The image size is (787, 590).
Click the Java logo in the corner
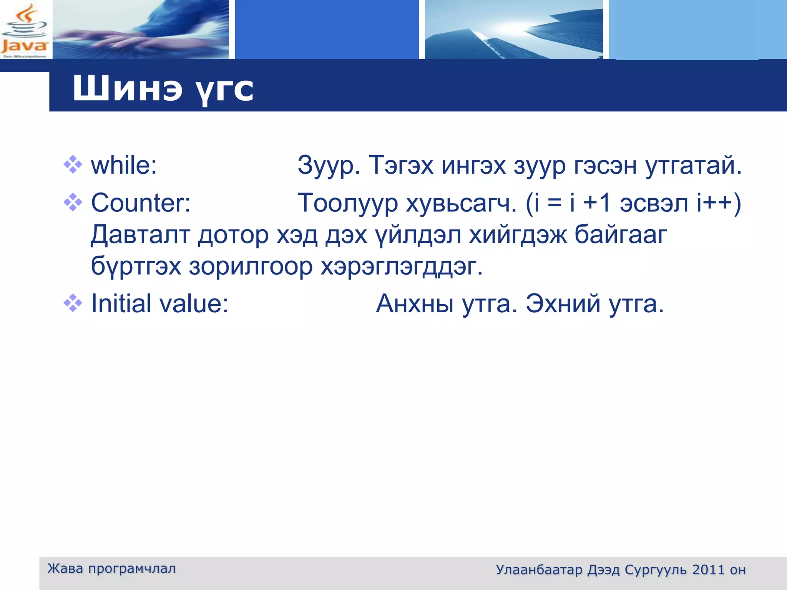(25, 30)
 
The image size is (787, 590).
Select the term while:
(124, 166)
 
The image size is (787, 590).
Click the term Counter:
(141, 202)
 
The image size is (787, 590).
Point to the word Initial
(121, 303)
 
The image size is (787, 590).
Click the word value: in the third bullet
(194, 303)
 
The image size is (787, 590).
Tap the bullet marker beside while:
(73, 165)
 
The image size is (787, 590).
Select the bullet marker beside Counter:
(73, 202)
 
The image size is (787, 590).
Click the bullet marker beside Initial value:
(73, 303)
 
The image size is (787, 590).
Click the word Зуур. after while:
(329, 166)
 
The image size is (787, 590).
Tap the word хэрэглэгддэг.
(402, 266)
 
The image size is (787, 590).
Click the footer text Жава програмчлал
(111, 568)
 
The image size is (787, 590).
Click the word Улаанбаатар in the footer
(539, 570)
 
